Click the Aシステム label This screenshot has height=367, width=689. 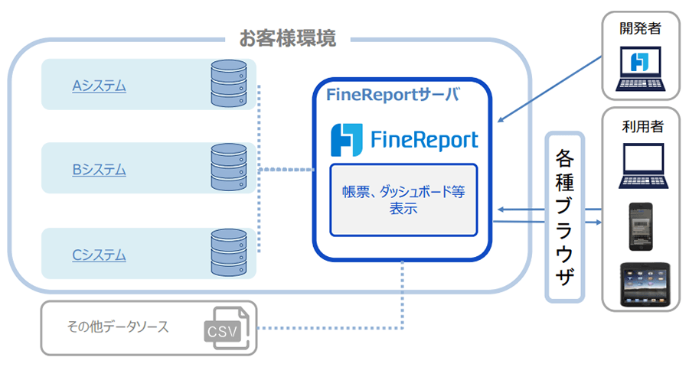(100, 86)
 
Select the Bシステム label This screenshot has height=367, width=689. (100, 170)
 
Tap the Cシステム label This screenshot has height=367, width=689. (100, 255)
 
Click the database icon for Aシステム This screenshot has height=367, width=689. (229, 85)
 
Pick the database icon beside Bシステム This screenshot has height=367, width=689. (229, 169)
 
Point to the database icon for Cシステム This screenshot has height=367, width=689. (229, 254)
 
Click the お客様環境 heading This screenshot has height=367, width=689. (287, 39)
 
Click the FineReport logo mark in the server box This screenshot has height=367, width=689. (345, 140)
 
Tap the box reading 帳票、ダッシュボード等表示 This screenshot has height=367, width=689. (403, 200)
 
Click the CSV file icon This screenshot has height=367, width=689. (225, 328)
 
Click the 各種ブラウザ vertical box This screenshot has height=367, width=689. (564, 218)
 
